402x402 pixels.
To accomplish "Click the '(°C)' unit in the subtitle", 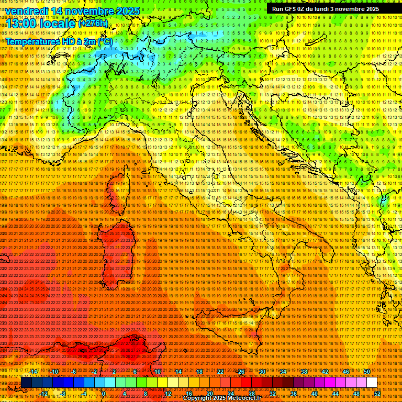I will [105, 41].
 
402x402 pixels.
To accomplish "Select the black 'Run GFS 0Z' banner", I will [325, 9].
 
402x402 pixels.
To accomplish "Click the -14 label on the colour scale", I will [33, 372].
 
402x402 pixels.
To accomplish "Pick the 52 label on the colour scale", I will [377, 394].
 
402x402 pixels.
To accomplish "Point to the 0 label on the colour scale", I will [104, 394].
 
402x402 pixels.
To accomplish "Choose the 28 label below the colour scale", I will [251, 394].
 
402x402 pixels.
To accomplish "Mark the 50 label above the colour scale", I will [366, 372].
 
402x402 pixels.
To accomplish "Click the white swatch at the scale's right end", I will [372, 383].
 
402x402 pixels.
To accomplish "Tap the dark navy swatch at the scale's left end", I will [26, 383].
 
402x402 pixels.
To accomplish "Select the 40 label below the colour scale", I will [314, 394].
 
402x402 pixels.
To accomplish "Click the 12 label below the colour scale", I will [167, 394].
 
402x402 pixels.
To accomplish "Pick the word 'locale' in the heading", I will [58, 24].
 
